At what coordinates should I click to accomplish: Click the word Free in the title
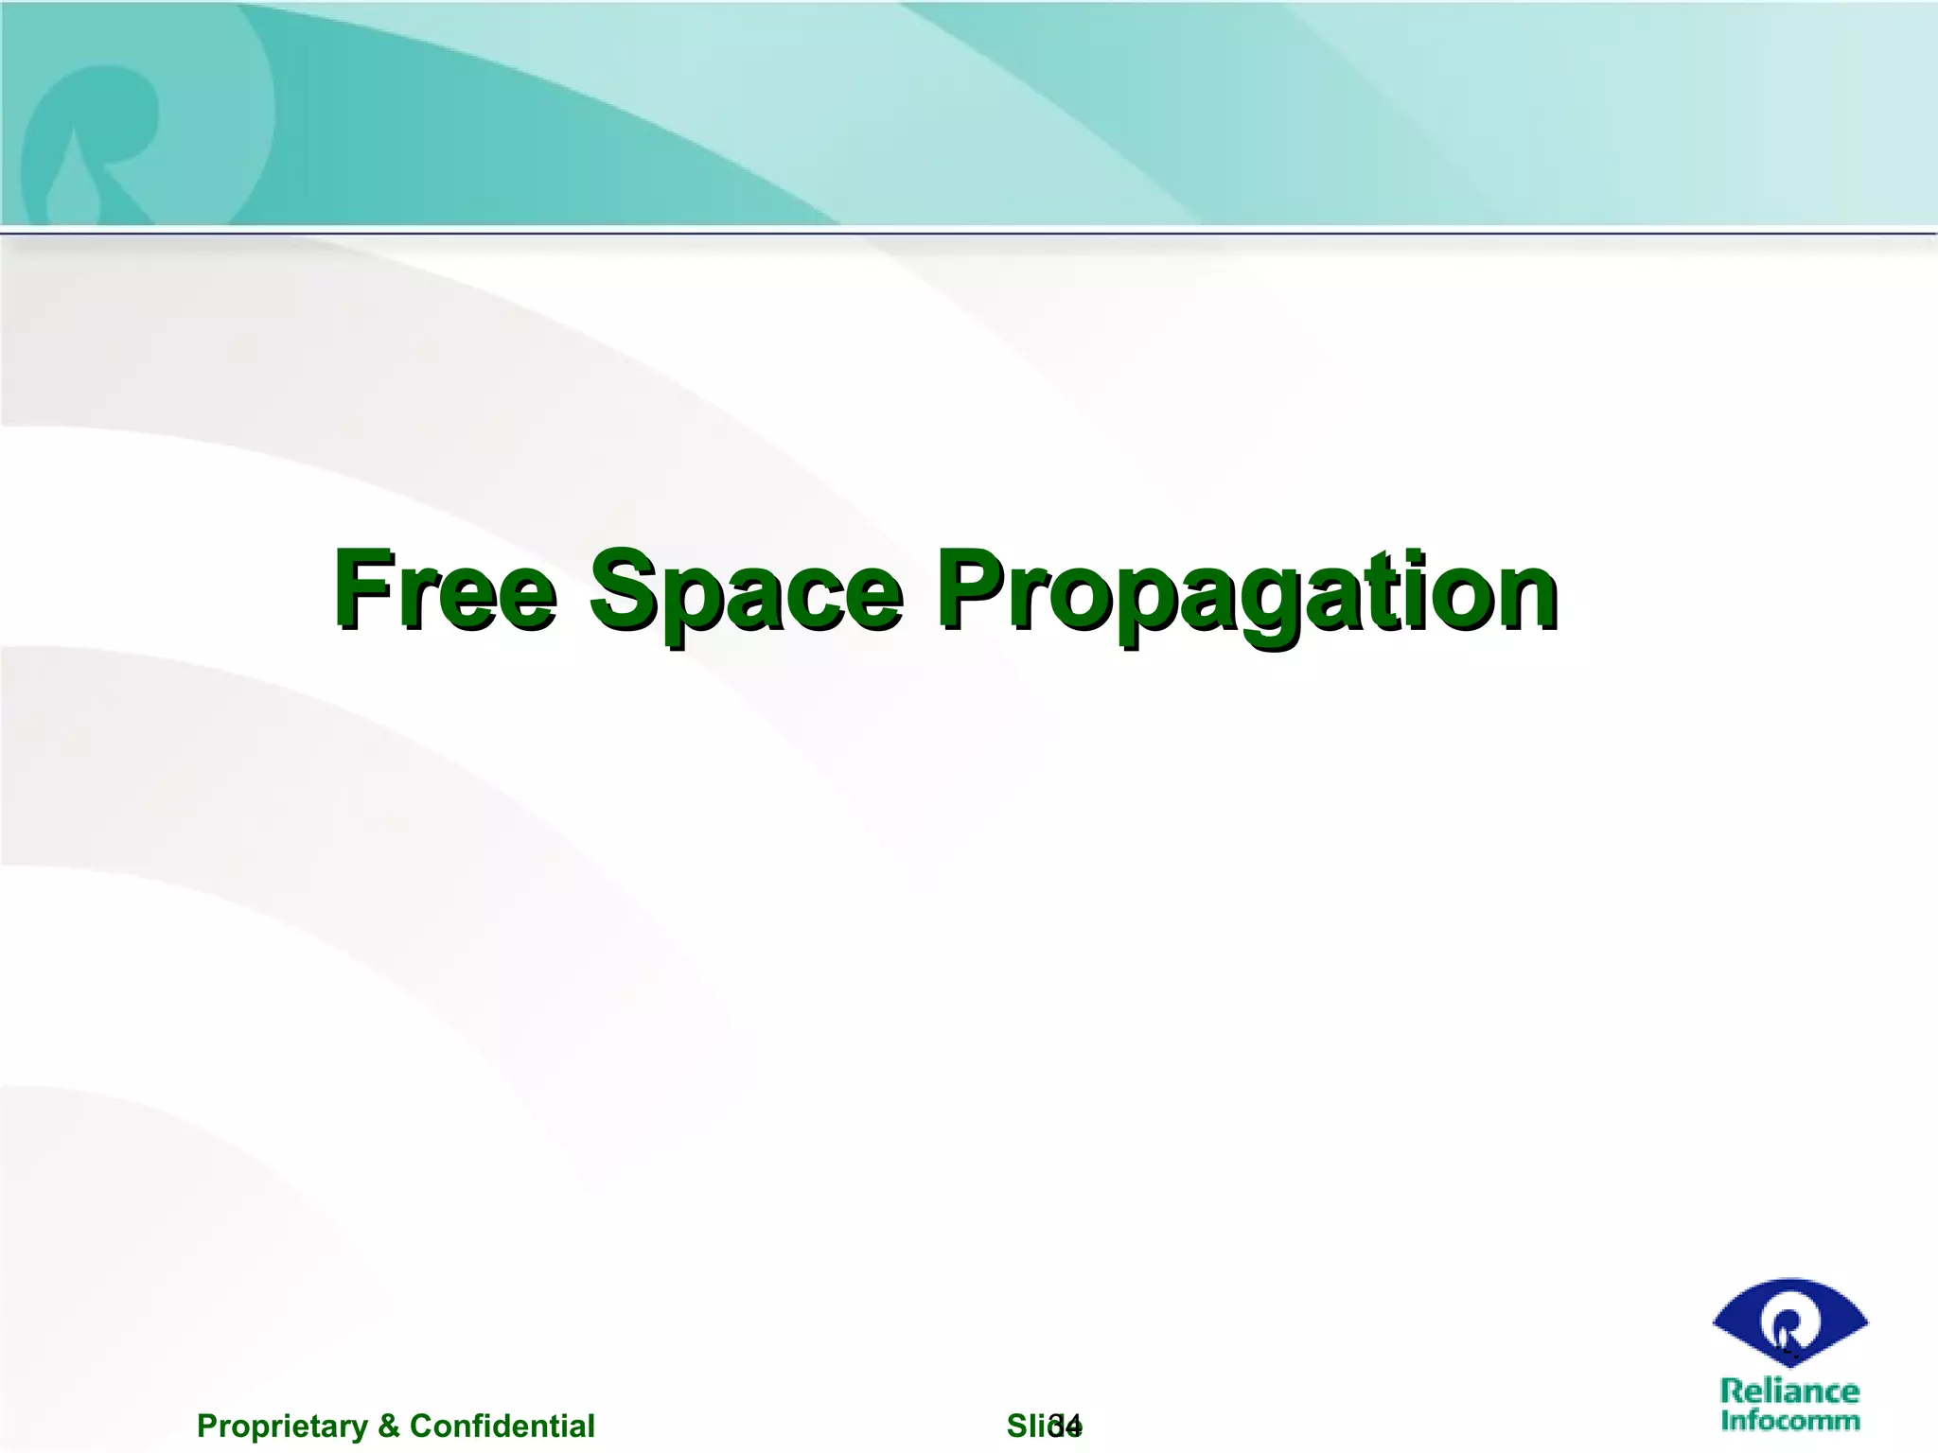445,590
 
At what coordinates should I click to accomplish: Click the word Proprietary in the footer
282,1426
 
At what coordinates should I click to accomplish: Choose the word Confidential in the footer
502,1426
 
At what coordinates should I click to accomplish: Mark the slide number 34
1066,1426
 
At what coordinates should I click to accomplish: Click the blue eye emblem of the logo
1789,1323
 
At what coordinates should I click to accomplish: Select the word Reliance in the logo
1789,1391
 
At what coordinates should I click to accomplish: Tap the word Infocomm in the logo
1789,1420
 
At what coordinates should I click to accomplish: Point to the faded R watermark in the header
95,142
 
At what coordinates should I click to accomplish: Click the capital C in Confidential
422,1426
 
